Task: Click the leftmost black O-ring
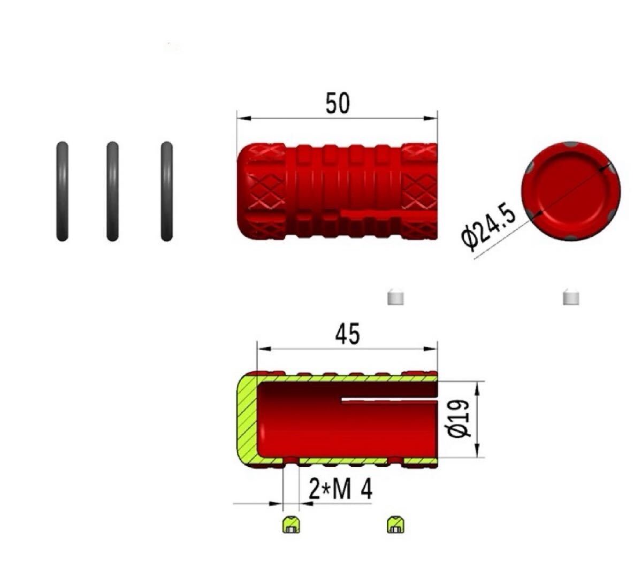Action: (x=62, y=191)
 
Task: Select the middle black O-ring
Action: (x=112, y=191)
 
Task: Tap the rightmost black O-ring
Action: (x=167, y=191)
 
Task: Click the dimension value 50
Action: (x=338, y=103)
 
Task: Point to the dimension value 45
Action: (x=348, y=334)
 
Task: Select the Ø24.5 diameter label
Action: (x=488, y=226)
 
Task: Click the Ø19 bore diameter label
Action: (x=459, y=419)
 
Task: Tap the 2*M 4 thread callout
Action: (x=340, y=490)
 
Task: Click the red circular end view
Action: (x=571, y=191)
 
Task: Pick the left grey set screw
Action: (x=395, y=297)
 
